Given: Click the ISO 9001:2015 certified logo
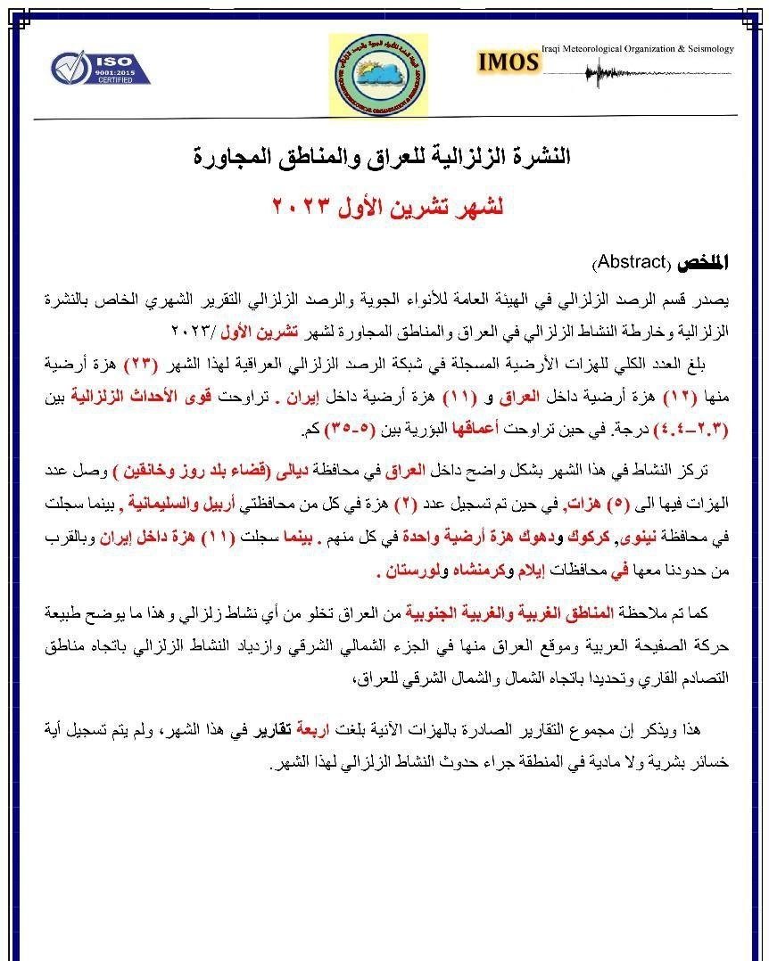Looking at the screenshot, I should click(x=100, y=68).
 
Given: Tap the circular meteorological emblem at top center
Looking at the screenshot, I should click(x=377, y=75).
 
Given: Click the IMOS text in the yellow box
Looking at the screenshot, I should click(x=509, y=62).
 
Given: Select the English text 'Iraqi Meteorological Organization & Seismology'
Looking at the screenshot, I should click(x=637, y=48).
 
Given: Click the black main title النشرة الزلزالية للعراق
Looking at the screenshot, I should click(x=382, y=157).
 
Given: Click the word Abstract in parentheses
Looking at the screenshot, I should click(x=632, y=263).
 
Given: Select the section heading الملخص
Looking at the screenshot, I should click(x=702, y=263).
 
